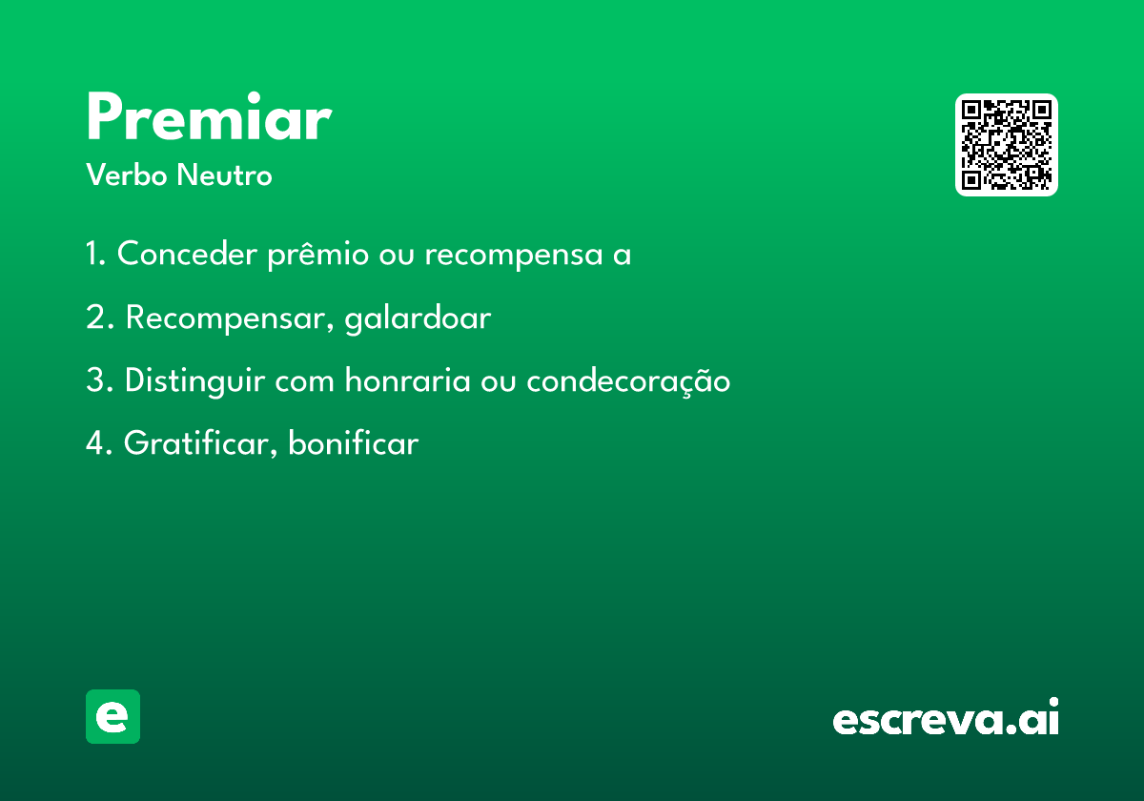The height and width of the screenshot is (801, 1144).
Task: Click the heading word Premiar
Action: [210, 116]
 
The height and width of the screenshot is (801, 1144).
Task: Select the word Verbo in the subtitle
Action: [127, 175]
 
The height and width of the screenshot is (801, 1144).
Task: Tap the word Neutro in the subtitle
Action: [225, 175]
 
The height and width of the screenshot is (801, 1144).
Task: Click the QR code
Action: [1006, 145]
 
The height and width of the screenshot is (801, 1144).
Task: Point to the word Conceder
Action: [187, 253]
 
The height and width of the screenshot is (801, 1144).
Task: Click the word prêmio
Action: [318, 254]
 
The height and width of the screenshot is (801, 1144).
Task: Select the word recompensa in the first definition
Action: [514, 255]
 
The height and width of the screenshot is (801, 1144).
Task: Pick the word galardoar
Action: [418, 318]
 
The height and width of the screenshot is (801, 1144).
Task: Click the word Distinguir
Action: [195, 380]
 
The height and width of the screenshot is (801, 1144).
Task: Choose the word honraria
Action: [408, 380]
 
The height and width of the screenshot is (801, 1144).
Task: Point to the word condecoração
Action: [628, 381]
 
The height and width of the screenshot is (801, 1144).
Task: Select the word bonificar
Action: [354, 442]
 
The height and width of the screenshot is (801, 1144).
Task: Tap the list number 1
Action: [95, 253]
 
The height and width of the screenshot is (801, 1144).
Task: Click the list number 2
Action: [99, 317]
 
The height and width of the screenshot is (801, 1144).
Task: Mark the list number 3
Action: [99, 380]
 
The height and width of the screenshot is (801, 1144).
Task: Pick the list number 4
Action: [99, 442]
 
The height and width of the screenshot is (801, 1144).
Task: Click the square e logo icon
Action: [112, 716]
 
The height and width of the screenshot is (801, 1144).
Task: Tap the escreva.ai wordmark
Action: [946, 716]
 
